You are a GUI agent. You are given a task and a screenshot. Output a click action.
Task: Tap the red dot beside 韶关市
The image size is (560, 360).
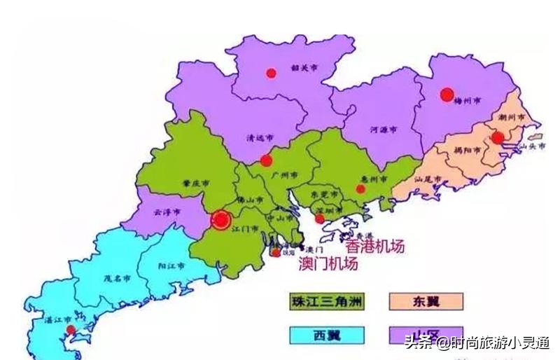pyautogui.click(x=271, y=72)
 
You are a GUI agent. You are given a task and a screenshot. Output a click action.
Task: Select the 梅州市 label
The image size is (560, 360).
pyautogui.click(x=468, y=101)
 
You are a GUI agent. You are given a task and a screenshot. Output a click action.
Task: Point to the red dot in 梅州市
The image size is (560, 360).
pyautogui.click(x=446, y=95)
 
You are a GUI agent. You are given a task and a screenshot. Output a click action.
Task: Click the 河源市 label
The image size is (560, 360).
pyautogui.click(x=383, y=130)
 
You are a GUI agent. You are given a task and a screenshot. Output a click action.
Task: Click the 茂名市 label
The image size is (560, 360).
pyautogui.click(x=115, y=277)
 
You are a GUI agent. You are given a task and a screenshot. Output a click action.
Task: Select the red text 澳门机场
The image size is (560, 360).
pyautogui.click(x=328, y=264)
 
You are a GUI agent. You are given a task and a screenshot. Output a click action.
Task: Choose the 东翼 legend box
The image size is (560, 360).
pyautogui.click(x=424, y=302)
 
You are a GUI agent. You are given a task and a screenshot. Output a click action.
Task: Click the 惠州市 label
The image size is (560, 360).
pyautogui.click(x=378, y=180)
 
